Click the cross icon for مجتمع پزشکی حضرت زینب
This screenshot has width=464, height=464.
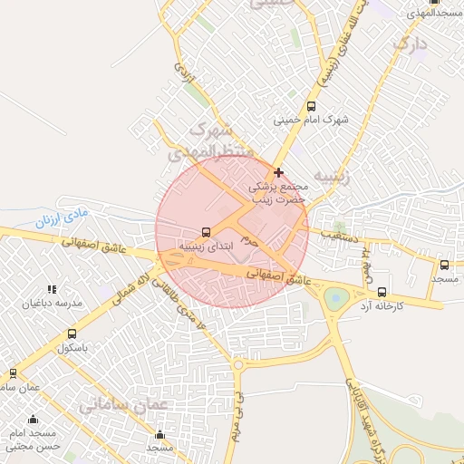278,172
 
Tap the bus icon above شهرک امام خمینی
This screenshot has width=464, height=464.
312,106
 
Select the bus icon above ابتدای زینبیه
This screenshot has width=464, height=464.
206,232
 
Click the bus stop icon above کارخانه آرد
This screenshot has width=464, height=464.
382,293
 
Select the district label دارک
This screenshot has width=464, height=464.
410,43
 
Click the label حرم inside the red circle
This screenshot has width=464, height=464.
251,242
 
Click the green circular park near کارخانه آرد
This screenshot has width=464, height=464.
335,297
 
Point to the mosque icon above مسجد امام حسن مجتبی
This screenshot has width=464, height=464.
34,419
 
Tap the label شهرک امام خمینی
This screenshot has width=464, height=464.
312,120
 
